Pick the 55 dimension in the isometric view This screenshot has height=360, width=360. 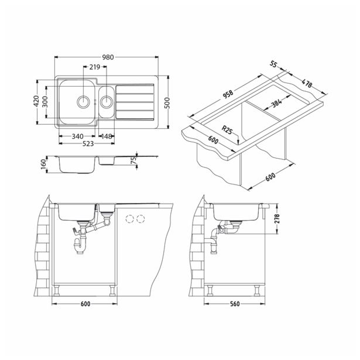[x=275, y=66]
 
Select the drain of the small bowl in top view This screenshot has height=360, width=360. [x=107, y=101]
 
